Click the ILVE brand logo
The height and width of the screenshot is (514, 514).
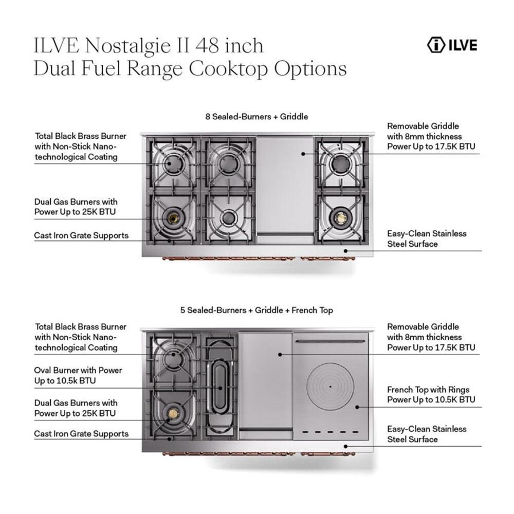(452, 45)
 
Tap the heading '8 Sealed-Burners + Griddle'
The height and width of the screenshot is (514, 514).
(256, 117)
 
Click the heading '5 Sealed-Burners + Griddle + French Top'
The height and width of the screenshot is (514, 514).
(256, 310)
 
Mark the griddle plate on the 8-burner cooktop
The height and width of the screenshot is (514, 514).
(285, 185)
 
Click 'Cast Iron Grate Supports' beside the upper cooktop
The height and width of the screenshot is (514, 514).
(81, 236)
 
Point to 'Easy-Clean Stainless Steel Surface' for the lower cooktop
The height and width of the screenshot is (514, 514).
(427, 434)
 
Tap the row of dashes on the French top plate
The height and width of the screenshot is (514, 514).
(329, 432)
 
